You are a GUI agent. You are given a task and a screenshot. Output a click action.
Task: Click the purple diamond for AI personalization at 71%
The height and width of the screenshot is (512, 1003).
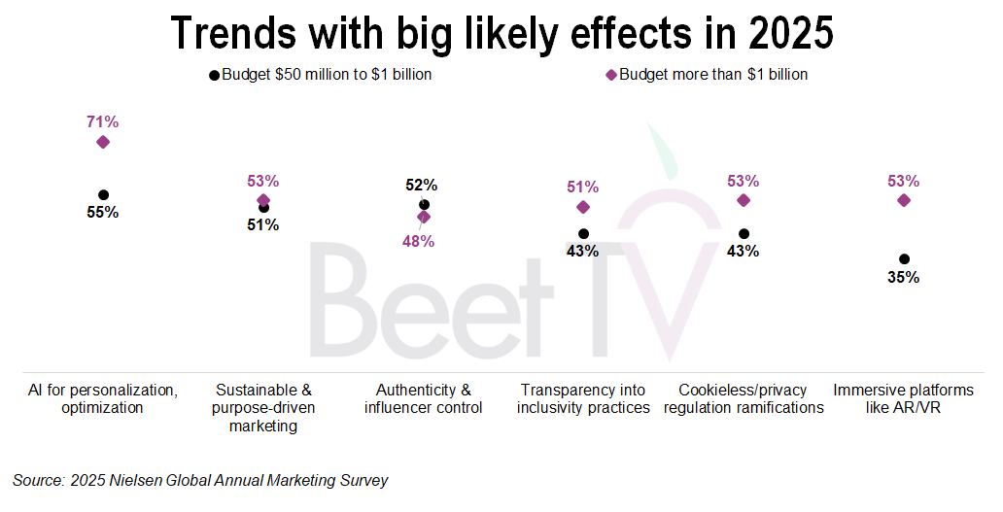point(103,142)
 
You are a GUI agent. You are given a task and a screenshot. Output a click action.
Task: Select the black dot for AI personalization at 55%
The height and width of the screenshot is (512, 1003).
point(103,194)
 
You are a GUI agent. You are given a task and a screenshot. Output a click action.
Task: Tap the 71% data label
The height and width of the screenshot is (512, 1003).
point(103,122)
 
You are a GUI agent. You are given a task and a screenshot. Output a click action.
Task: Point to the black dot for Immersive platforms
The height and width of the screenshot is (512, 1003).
point(904,259)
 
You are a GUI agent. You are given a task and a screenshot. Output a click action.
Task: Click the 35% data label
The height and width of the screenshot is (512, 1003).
point(904,278)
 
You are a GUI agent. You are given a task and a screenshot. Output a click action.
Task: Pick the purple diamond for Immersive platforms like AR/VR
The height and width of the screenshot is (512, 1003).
point(904,200)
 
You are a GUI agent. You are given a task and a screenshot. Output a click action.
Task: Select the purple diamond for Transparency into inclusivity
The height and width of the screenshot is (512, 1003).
point(583,207)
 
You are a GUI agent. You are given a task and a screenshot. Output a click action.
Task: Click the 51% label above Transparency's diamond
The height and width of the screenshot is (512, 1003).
point(583,188)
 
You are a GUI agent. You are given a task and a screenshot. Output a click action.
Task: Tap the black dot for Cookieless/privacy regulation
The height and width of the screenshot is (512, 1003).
point(744,233)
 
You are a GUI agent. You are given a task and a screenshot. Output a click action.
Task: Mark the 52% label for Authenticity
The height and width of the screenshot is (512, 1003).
point(423,186)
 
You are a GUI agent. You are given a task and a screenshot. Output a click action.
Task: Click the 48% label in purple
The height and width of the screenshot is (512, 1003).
point(419,241)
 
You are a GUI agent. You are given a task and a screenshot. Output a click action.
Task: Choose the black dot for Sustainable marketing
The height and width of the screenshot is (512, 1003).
point(263,207)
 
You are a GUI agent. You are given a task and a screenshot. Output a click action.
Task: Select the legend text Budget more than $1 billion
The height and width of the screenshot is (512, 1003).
point(713,75)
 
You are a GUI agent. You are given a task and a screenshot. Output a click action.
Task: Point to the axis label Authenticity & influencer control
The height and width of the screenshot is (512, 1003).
point(423,398)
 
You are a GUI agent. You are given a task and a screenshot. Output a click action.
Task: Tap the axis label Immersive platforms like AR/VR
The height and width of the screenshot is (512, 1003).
point(904,398)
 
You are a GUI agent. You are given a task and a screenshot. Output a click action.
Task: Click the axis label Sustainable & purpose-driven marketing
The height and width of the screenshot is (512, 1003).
point(263,407)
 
